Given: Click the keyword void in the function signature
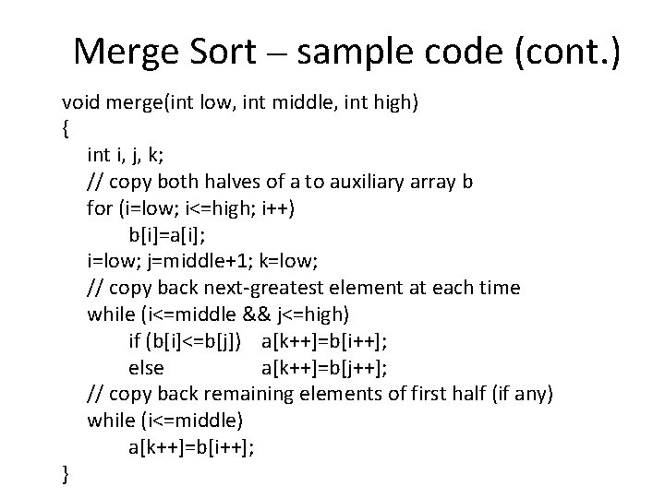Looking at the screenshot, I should (x=79, y=101).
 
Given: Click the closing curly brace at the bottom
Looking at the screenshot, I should (x=65, y=474).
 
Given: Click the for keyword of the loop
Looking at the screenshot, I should (x=100, y=207).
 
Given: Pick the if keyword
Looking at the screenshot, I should (x=135, y=341).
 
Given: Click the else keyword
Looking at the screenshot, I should (x=146, y=368).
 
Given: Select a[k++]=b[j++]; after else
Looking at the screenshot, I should (x=324, y=368).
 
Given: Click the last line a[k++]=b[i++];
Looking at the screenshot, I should (x=192, y=447).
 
